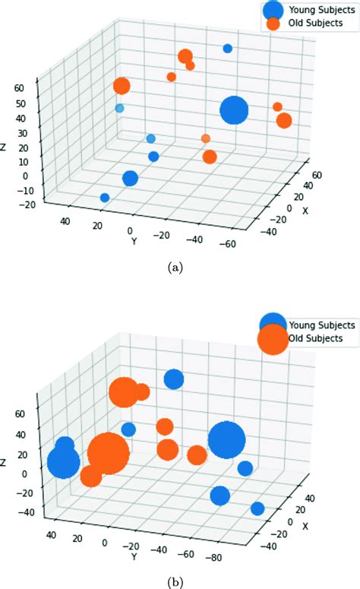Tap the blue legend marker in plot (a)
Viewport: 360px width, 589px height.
274,10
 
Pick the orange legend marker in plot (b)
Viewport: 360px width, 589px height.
273,338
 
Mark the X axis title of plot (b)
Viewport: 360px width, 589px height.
306,525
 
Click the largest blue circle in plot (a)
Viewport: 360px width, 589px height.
234,111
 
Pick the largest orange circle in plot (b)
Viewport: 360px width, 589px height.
107,453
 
